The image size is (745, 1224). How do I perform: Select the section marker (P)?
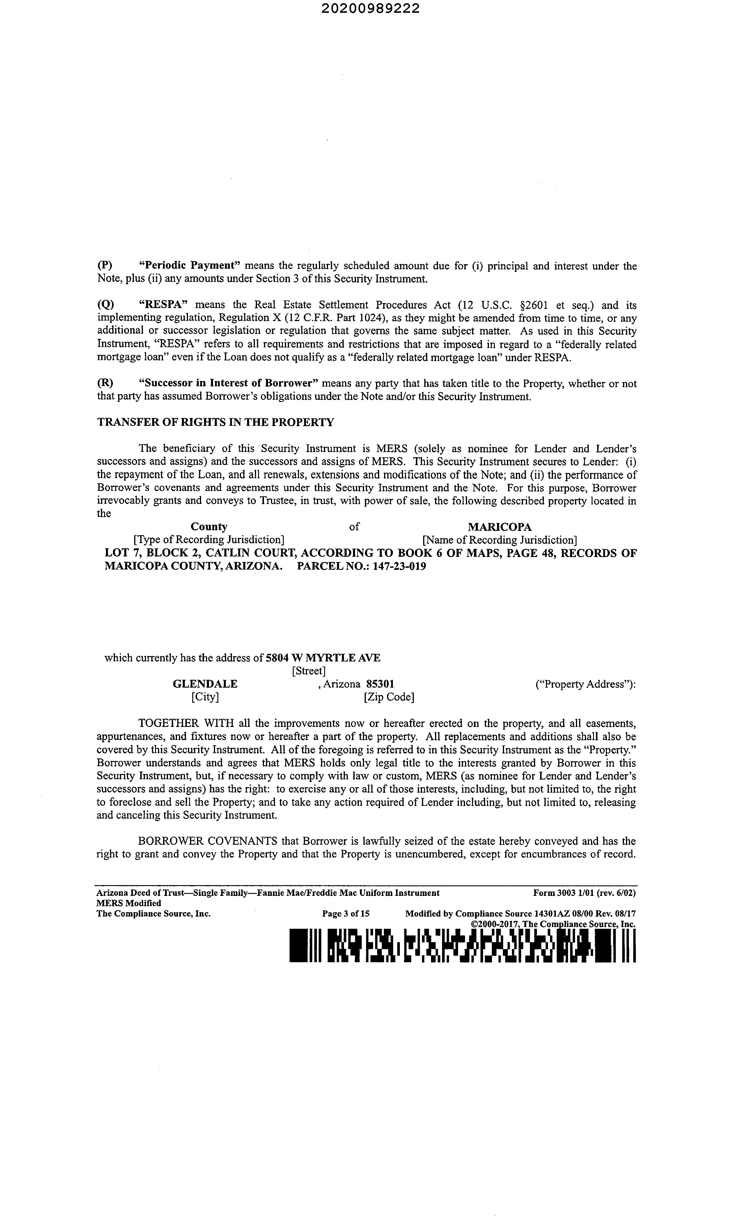pos(104,266)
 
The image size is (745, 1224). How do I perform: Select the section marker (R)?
pos(104,383)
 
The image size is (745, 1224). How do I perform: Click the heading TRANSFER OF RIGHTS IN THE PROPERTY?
pos(215,422)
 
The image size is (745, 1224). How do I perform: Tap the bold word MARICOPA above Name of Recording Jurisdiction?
pos(499,526)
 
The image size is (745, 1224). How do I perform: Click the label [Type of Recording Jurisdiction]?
pos(209,540)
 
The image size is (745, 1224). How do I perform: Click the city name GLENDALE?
pos(205,684)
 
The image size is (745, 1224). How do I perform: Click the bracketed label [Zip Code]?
pos(389,696)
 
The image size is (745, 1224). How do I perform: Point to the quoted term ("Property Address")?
pos(586,684)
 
